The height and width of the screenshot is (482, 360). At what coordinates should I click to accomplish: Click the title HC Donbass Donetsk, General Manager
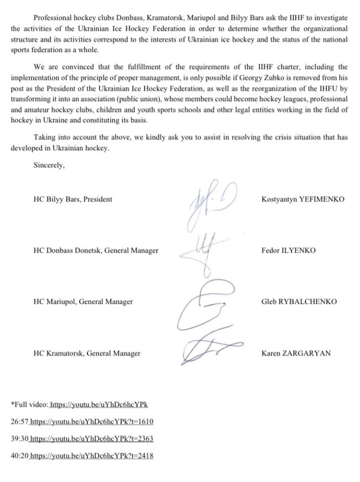point(96,250)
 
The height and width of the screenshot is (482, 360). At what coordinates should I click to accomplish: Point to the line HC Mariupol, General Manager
point(83,301)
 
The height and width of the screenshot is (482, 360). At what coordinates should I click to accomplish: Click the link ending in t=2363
point(92,438)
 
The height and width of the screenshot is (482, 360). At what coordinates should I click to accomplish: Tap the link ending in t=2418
point(92,455)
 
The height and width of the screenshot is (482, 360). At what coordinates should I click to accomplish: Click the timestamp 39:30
point(19,438)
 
